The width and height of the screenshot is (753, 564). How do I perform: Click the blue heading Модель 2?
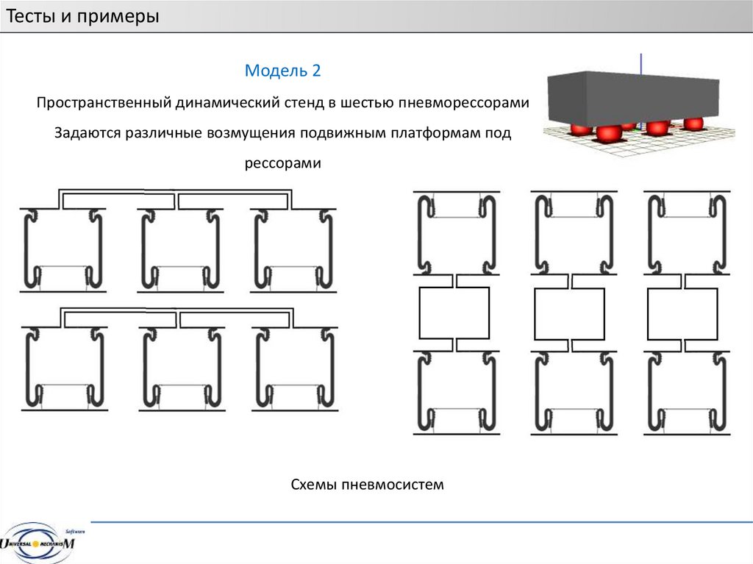coord(282,70)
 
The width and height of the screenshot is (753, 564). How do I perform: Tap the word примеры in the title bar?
coord(118,17)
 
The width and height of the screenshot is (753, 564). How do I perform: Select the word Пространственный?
coord(103,102)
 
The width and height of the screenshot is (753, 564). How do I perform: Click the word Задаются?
coord(87,132)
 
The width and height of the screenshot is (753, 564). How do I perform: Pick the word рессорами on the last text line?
coord(283,163)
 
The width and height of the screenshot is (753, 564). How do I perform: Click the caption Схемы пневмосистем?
coord(368,485)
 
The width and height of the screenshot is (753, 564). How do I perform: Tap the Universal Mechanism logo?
coord(38,543)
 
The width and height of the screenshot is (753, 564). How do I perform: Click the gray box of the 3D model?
coord(633,99)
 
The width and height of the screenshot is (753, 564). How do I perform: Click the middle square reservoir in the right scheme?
coord(570,314)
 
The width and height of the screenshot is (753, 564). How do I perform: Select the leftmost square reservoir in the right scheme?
coord(454,313)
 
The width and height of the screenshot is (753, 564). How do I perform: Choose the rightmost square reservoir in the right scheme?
coord(682,314)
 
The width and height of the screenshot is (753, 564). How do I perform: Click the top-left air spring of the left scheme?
coord(63,250)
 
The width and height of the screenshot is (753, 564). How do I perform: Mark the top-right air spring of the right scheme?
coord(687,234)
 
